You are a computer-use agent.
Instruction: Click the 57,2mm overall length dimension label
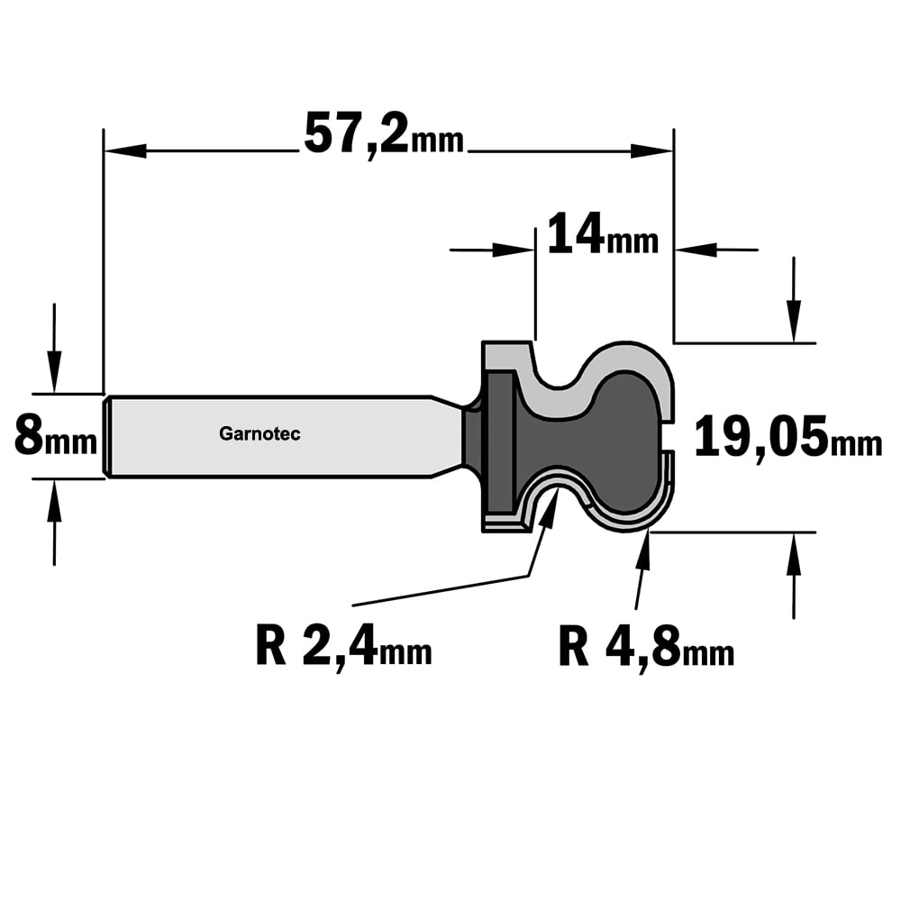point(383,136)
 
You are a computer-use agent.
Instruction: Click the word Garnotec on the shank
point(259,434)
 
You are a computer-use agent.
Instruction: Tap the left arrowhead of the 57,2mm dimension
point(124,151)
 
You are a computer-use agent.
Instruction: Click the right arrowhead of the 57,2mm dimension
point(651,151)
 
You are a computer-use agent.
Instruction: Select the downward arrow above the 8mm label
point(54,348)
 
